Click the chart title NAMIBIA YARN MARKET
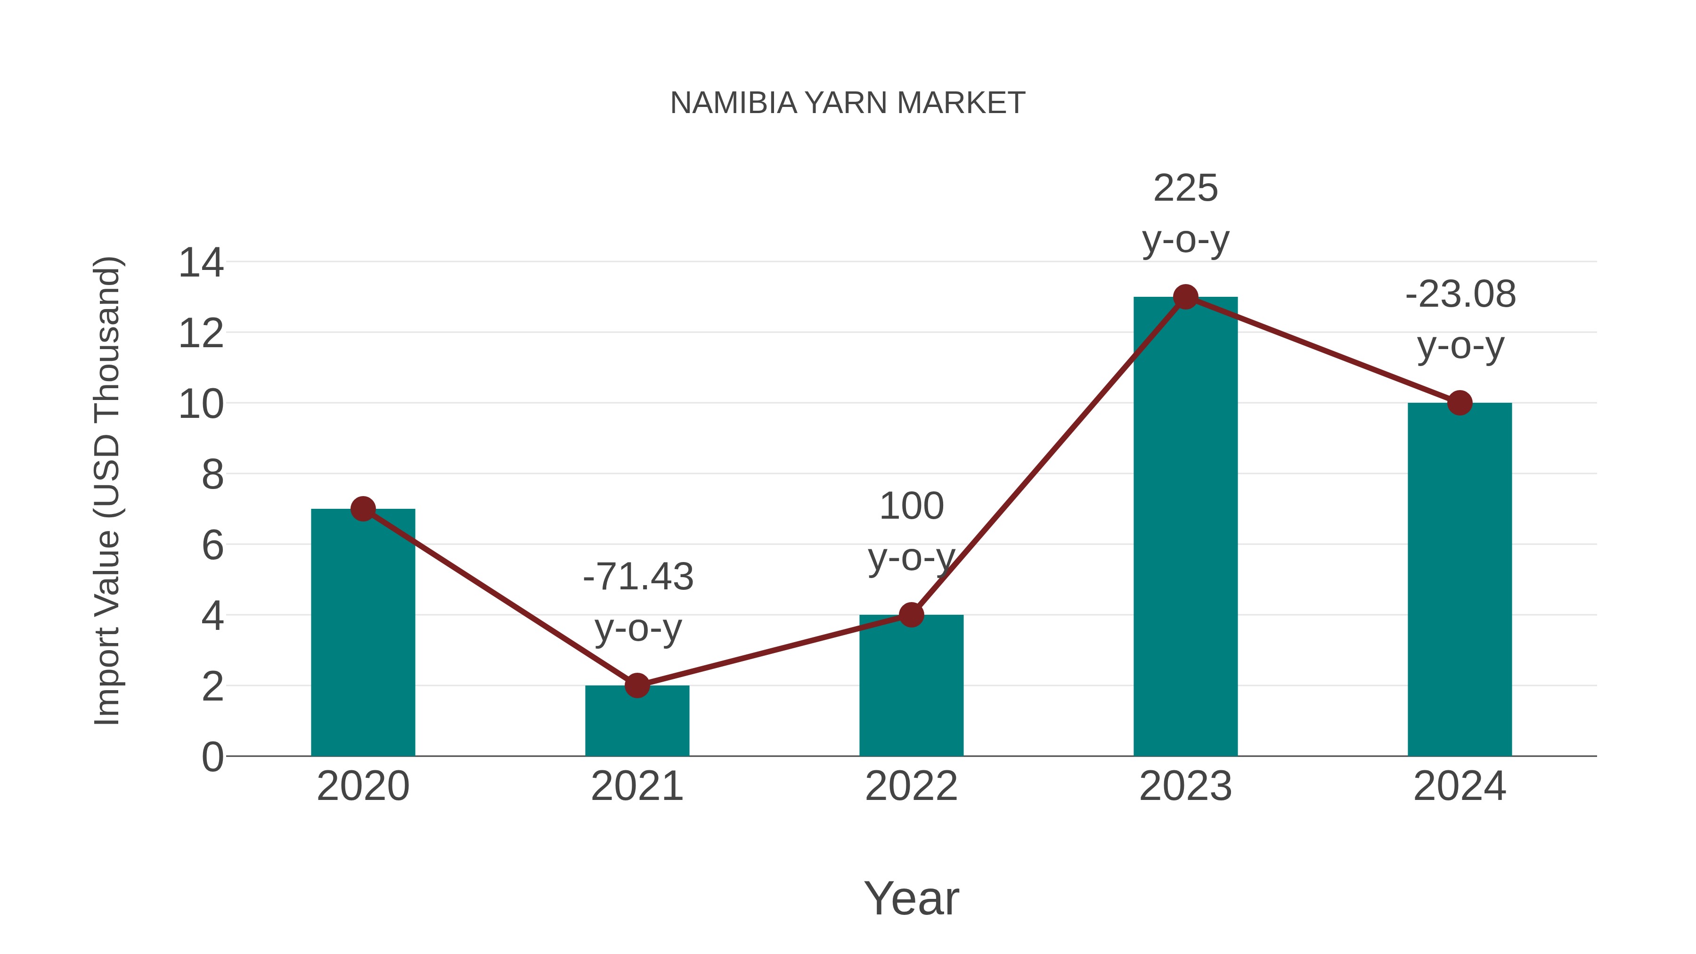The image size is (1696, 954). (848, 103)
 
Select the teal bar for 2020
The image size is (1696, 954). (363, 632)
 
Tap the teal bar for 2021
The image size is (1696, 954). (636, 721)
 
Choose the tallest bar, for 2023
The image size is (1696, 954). (1185, 527)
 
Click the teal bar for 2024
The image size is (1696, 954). (1460, 579)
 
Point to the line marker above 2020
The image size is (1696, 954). (363, 509)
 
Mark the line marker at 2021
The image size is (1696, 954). (636, 685)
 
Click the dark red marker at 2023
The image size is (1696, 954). (1185, 297)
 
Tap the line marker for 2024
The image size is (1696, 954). (1460, 403)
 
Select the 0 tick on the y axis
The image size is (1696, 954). (212, 757)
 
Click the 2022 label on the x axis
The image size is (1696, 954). (911, 786)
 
